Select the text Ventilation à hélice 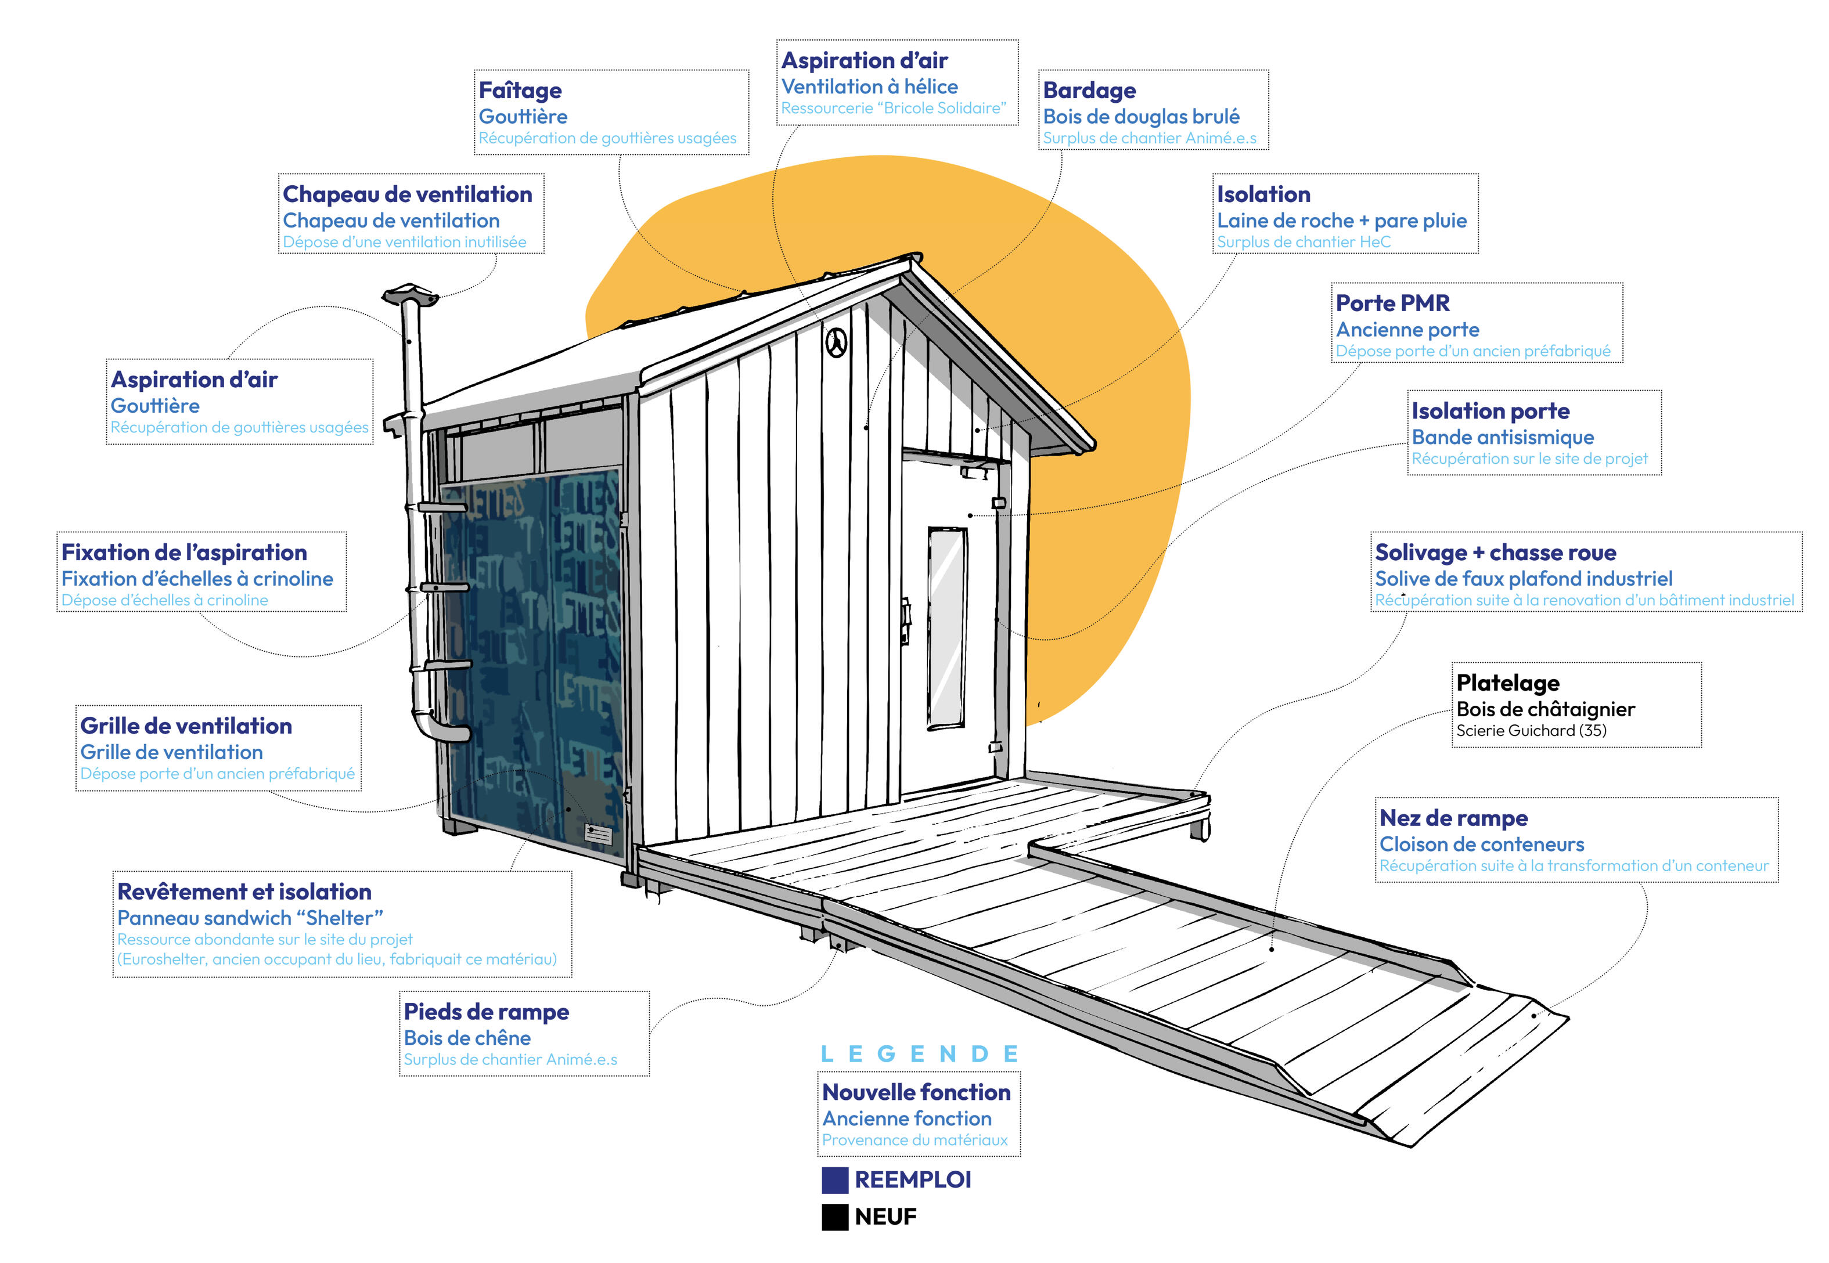pos(869,87)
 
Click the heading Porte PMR pos(1392,303)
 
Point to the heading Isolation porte pos(1490,411)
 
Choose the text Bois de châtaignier pos(1545,709)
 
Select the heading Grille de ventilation pos(186,726)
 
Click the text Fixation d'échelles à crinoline pos(197,579)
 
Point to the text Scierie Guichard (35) pos(1531,730)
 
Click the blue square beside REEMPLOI pos(834,1180)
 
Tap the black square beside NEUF pos(834,1217)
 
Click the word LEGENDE pos(919,1054)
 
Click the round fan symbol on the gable pos(836,344)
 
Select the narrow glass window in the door pos(946,627)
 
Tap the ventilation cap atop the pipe pos(410,297)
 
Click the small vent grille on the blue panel pos(598,835)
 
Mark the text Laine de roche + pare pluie pos(1341,221)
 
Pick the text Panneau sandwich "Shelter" pos(250,918)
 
